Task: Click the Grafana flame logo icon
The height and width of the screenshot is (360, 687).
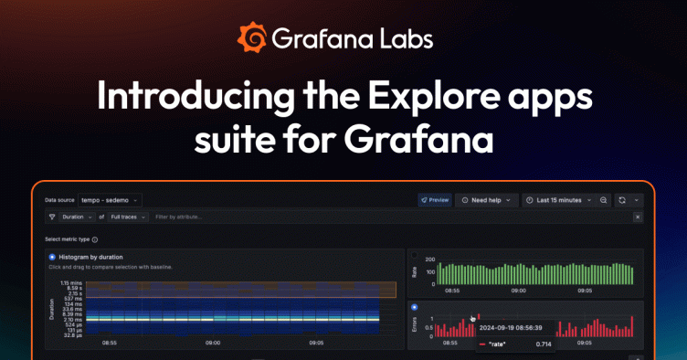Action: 253,37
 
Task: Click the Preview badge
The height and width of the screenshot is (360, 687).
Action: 435,199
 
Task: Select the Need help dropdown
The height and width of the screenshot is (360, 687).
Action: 487,199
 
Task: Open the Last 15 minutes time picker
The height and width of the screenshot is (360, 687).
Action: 557,199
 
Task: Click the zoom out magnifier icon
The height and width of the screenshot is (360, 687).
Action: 604,199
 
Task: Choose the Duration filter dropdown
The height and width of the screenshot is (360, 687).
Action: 77,217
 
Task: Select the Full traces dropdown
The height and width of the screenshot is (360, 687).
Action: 127,217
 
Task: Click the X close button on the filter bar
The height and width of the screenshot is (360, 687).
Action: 638,217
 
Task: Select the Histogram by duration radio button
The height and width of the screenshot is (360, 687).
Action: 52,258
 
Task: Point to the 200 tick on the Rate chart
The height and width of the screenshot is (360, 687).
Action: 428,259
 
